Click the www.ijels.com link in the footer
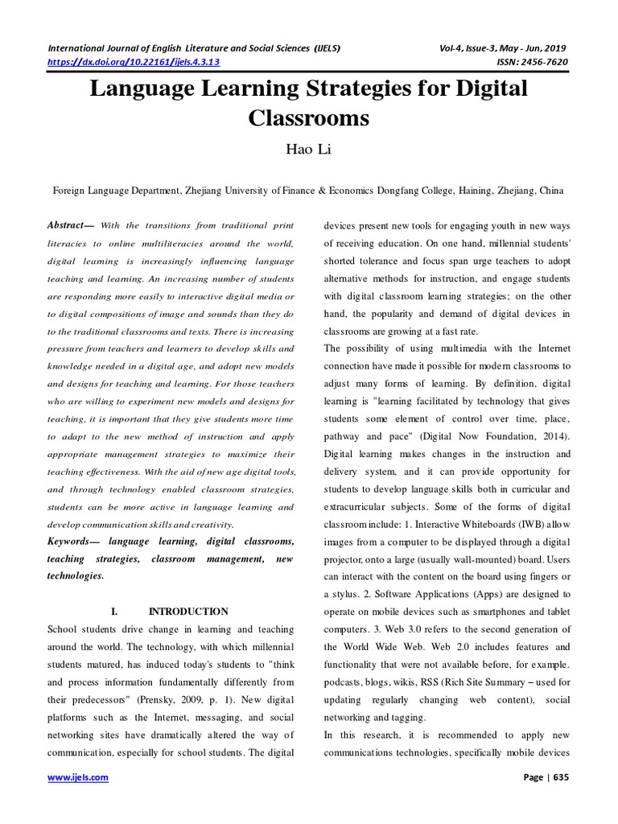(x=78, y=778)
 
